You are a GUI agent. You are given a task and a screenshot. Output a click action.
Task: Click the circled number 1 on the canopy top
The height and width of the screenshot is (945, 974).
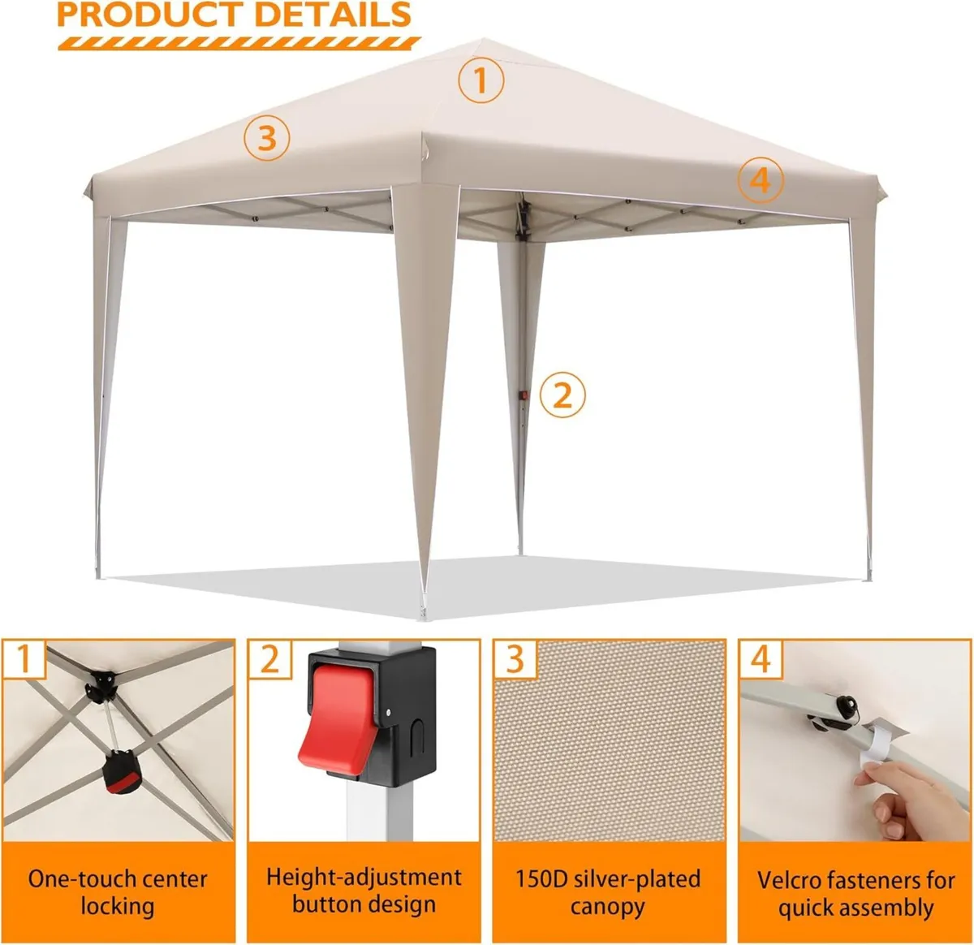(x=481, y=80)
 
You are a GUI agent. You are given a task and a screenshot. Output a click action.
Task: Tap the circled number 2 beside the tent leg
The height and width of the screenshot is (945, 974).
(x=562, y=395)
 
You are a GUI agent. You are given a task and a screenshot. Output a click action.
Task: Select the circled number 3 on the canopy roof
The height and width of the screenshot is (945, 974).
(x=267, y=138)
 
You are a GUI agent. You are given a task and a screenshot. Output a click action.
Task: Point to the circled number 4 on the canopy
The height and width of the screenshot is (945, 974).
(x=761, y=179)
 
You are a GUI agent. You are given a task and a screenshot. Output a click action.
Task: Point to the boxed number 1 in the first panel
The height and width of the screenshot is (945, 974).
(x=24, y=658)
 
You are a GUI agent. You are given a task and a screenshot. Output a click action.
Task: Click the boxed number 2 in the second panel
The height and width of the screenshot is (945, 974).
(x=269, y=658)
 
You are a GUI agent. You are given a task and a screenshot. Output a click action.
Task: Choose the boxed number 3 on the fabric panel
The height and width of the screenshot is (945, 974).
(x=515, y=658)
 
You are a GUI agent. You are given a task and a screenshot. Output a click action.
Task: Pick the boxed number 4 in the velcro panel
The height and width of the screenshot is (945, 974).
(x=761, y=658)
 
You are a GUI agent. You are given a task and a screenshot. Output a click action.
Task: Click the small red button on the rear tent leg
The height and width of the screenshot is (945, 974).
(x=524, y=396)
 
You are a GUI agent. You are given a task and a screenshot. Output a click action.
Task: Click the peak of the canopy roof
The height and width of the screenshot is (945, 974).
(x=482, y=39)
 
